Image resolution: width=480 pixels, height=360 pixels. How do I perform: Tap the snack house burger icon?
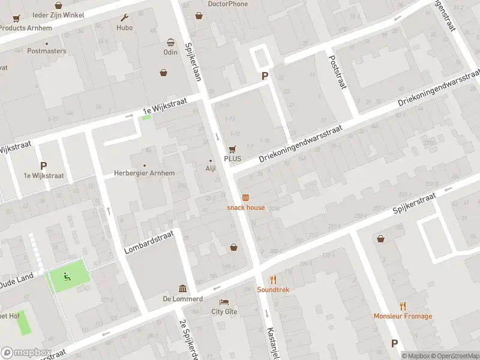(x=245, y=197)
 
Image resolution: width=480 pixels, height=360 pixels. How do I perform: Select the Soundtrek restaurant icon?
(x=273, y=280)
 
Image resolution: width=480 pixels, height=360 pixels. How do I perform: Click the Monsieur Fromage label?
(x=403, y=316)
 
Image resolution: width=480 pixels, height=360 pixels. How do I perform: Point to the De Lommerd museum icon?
(x=182, y=289)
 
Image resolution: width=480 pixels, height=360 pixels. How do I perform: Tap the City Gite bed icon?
(x=224, y=302)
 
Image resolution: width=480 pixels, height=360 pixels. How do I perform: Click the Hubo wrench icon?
(x=125, y=18)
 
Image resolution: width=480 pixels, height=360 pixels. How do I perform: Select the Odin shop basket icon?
(x=171, y=43)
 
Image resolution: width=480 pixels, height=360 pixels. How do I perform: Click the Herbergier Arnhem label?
(x=145, y=173)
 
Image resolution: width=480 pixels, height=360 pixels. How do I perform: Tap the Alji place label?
(x=211, y=169)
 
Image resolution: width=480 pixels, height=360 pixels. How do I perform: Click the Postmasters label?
(x=47, y=51)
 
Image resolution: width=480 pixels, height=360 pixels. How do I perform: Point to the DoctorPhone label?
(x=227, y=4)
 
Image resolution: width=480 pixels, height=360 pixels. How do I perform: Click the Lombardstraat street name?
(x=149, y=241)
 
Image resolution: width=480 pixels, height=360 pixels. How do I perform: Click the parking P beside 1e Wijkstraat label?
(x=43, y=166)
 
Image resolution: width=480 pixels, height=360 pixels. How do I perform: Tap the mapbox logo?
(x=26, y=353)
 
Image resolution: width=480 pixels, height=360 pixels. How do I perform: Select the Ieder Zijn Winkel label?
(x=59, y=14)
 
